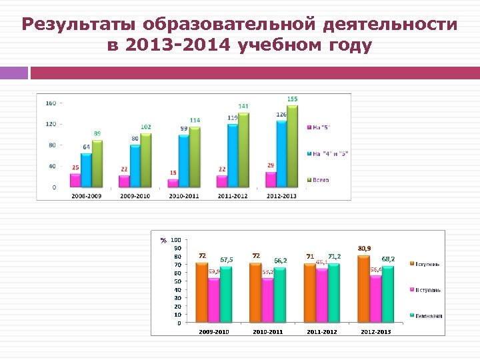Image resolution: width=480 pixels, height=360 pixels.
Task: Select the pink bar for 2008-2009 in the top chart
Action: [75, 180]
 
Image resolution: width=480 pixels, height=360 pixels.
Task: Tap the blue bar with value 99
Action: [183, 160]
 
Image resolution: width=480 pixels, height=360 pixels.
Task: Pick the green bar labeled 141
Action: [243, 149]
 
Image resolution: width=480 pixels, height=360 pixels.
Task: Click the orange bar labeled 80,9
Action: [363, 289]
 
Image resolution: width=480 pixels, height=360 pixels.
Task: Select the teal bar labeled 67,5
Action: [226, 295]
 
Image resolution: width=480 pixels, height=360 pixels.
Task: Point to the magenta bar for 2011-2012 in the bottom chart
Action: [322, 296]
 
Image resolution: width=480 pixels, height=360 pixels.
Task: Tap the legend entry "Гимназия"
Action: [427, 315]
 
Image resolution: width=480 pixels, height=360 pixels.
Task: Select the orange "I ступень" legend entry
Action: [427, 265]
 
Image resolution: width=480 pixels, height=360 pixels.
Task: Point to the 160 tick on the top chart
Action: [51, 103]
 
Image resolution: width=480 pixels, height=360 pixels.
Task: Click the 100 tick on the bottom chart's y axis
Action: [175, 240]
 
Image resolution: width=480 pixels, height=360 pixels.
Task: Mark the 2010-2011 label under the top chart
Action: [184, 195]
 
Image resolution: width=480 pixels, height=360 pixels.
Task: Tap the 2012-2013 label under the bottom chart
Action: [376, 331]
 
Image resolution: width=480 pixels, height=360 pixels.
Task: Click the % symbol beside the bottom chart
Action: [163, 241]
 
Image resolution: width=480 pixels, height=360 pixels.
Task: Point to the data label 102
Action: [146, 127]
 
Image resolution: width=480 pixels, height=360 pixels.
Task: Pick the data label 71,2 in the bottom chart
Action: [333, 256]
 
